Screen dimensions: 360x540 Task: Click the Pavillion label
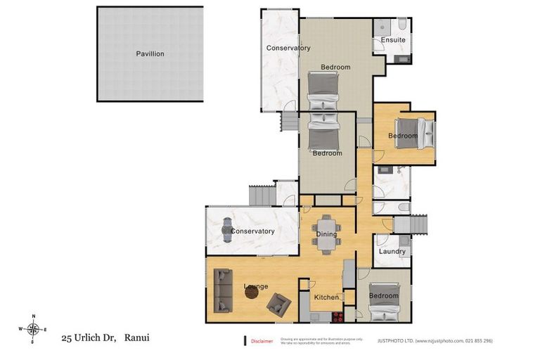tap(150, 53)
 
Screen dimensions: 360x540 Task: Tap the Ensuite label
tap(393, 40)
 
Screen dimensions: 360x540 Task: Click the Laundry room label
tap(392, 251)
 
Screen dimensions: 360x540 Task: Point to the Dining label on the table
tap(326, 234)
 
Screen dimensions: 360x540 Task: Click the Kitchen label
tap(326, 297)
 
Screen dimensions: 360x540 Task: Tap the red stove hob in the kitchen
tap(337, 316)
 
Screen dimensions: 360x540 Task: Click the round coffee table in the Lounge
tap(252, 293)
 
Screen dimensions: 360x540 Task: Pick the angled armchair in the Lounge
tap(278, 304)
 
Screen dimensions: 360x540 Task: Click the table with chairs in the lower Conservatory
tap(231, 230)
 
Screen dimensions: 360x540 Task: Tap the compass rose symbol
tap(32, 329)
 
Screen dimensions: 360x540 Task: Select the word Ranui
tap(136, 338)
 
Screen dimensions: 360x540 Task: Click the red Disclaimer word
tap(262, 341)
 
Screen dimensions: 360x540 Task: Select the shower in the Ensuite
tap(381, 27)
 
